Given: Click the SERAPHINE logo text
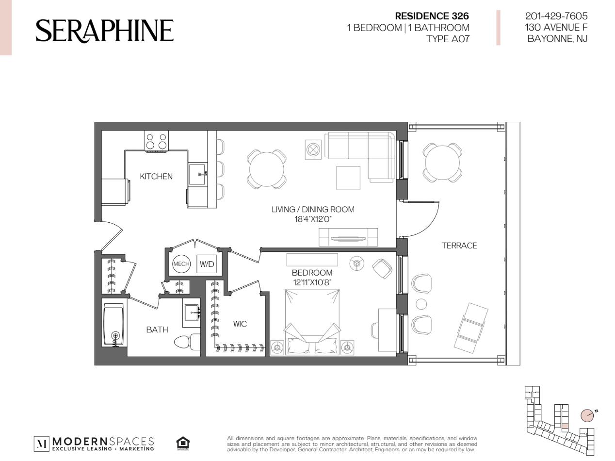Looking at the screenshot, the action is click(x=104, y=31).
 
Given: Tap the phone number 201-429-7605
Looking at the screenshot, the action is click(x=556, y=16).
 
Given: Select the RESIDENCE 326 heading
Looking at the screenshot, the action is click(x=432, y=16).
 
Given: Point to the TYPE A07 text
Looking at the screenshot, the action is click(x=448, y=39).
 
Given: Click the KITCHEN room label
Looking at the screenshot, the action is click(x=156, y=176).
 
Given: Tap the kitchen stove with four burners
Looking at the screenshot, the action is click(x=156, y=141).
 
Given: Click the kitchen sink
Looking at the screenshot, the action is click(x=197, y=174).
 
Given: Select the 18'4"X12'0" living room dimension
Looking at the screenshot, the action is click(x=313, y=219).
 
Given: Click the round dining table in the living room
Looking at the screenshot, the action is click(x=266, y=169).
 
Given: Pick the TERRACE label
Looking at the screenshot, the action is click(x=459, y=246).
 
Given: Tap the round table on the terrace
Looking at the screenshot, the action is click(x=442, y=163).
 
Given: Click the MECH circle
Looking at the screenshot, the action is click(x=181, y=263).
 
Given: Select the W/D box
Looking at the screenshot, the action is click(x=207, y=263).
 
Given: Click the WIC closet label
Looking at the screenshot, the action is click(x=240, y=324).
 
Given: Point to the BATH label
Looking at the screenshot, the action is click(x=157, y=329).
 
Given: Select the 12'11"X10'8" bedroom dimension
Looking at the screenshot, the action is click(x=312, y=282).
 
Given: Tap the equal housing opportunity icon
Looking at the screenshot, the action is click(x=183, y=443).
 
